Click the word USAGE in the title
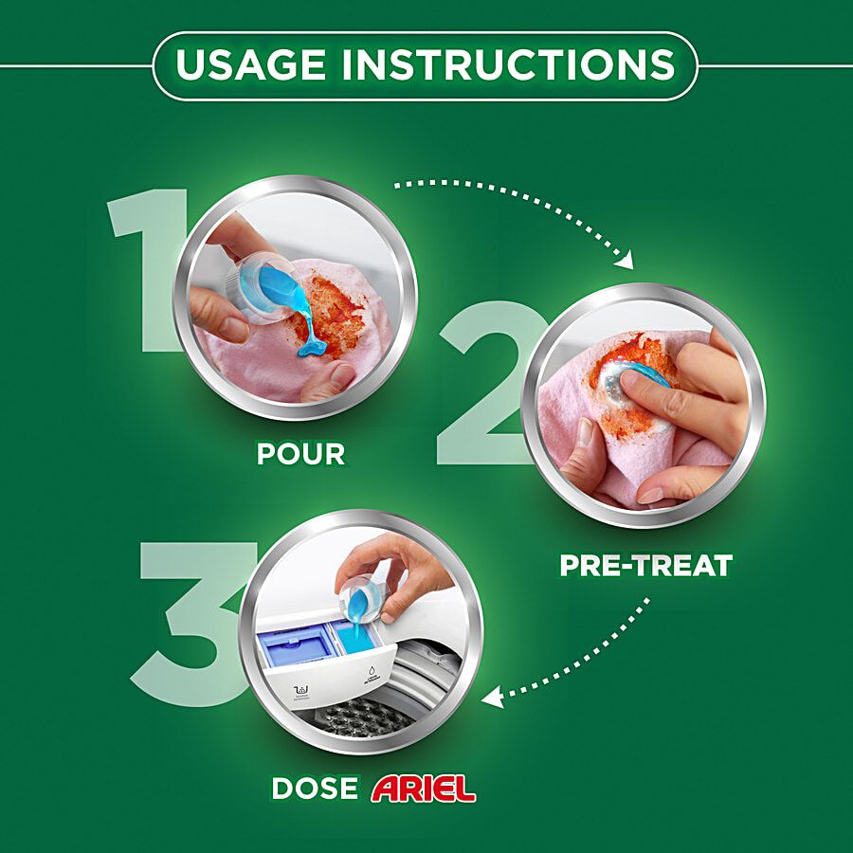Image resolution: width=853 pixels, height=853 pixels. pyautogui.click(x=250, y=64)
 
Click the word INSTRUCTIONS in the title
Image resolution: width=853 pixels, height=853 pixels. pyautogui.click(x=509, y=64)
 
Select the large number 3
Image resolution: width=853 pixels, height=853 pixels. pyautogui.click(x=191, y=624)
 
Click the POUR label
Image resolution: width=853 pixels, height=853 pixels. pyautogui.click(x=300, y=454)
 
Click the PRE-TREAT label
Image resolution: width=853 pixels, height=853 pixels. pyautogui.click(x=645, y=566)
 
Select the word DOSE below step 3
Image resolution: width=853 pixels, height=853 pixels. pyautogui.click(x=315, y=789)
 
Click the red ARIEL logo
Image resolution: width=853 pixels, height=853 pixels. pyautogui.click(x=424, y=789)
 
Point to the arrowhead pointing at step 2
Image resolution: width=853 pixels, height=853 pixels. pyautogui.click(x=625, y=260)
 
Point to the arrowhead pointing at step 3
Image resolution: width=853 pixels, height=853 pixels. pyautogui.click(x=492, y=697)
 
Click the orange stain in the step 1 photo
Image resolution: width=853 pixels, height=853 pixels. pyautogui.click(x=332, y=317)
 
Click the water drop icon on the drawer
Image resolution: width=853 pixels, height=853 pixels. pyautogui.click(x=372, y=672)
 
